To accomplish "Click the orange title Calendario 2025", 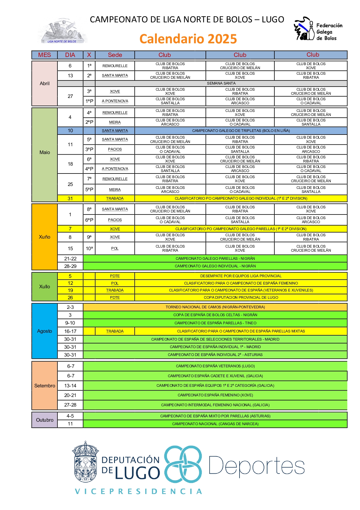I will pos(188,39).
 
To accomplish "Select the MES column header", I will pos(44,55).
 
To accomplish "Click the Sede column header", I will pos(115,55).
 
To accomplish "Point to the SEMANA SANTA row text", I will pos(221,83).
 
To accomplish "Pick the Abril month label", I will pos(44,83).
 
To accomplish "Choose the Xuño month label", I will pos(44,237).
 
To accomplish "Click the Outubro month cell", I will pos(44,420).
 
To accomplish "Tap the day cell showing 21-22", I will pos(70,259).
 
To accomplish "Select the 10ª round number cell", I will pos(89,248).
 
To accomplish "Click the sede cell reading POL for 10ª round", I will pos(115,248).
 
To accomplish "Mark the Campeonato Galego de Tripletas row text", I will pos(241,131).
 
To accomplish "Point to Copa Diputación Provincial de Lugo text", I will pos(241,298).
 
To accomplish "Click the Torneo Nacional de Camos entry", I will pos(215,307).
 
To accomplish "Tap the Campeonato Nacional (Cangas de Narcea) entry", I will pos(215,424).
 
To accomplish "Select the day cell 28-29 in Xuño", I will pos(70,266).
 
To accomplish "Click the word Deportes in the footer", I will pos(256,466).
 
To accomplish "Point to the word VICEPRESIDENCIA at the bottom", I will pos(138,491).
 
